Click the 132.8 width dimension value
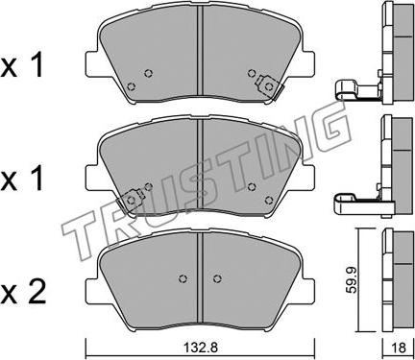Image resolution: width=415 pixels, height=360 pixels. [x=200, y=348]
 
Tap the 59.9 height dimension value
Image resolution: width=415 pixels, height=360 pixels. [x=353, y=279]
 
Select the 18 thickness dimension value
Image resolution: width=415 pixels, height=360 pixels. [x=399, y=348]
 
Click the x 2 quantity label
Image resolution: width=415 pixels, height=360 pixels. [x=23, y=292]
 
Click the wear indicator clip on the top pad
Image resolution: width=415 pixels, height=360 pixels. [x=268, y=86]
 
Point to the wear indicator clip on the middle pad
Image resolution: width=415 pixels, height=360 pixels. [x=130, y=201]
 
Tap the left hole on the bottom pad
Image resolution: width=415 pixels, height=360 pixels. [x=183, y=278]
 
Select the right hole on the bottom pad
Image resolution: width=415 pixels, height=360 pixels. [x=217, y=278]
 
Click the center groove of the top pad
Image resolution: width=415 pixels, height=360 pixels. [x=200, y=50]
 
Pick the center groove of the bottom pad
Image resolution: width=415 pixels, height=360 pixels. [x=200, y=277]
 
